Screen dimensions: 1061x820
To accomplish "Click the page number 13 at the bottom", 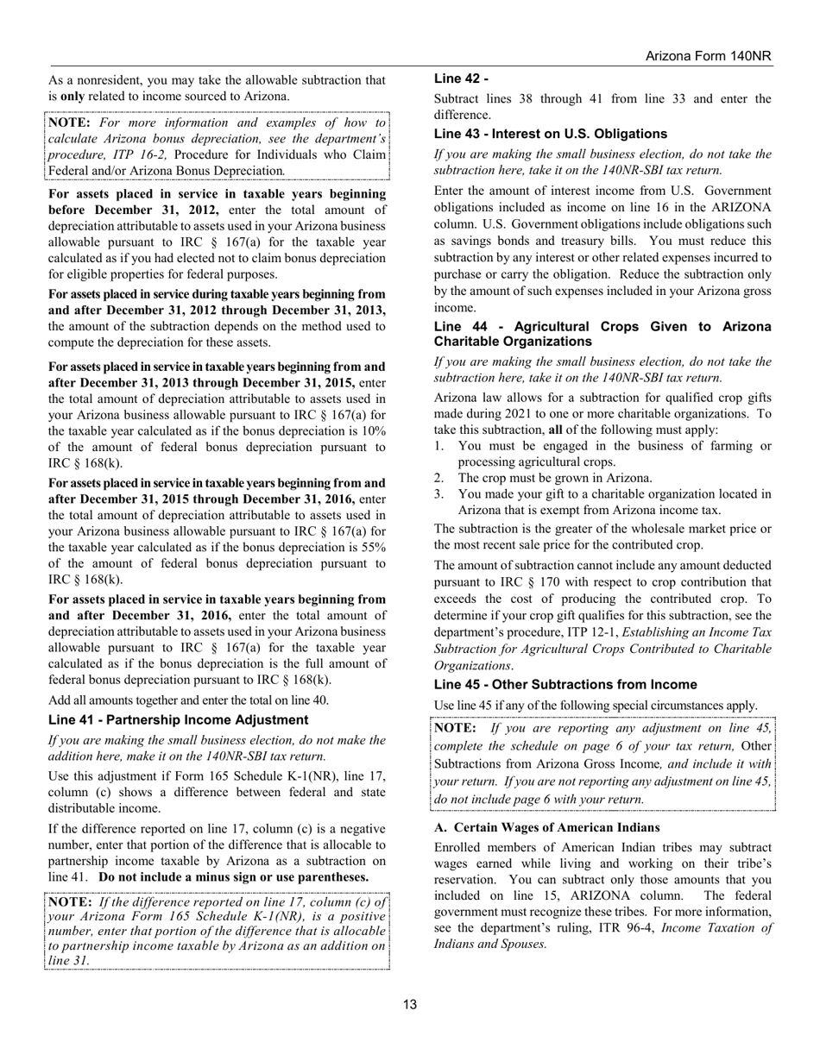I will click(410, 1004).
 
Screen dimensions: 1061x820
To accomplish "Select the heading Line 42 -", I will click(462, 78).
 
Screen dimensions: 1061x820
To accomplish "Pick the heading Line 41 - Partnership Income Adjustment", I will click(178, 719).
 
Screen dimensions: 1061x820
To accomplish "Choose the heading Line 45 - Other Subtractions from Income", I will click(565, 684).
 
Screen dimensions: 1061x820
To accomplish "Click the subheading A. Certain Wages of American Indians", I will click(546, 827).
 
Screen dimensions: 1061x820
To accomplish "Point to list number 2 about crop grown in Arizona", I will click(438, 478).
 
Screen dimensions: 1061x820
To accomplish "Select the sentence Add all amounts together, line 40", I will click(188, 700).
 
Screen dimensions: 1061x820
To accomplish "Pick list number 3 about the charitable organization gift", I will click(438, 494).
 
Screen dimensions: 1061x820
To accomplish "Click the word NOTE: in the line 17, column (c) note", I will click(70, 902).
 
